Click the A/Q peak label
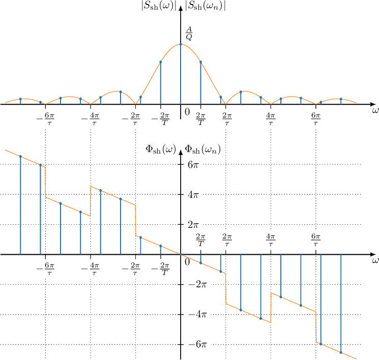tap(189, 33)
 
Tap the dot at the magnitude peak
tap(181, 44)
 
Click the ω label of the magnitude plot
tap(375, 110)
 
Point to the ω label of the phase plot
tap(375, 260)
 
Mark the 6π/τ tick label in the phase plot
tap(316, 239)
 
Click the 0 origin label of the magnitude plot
tap(187, 112)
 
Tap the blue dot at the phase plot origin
tap(181, 254)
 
